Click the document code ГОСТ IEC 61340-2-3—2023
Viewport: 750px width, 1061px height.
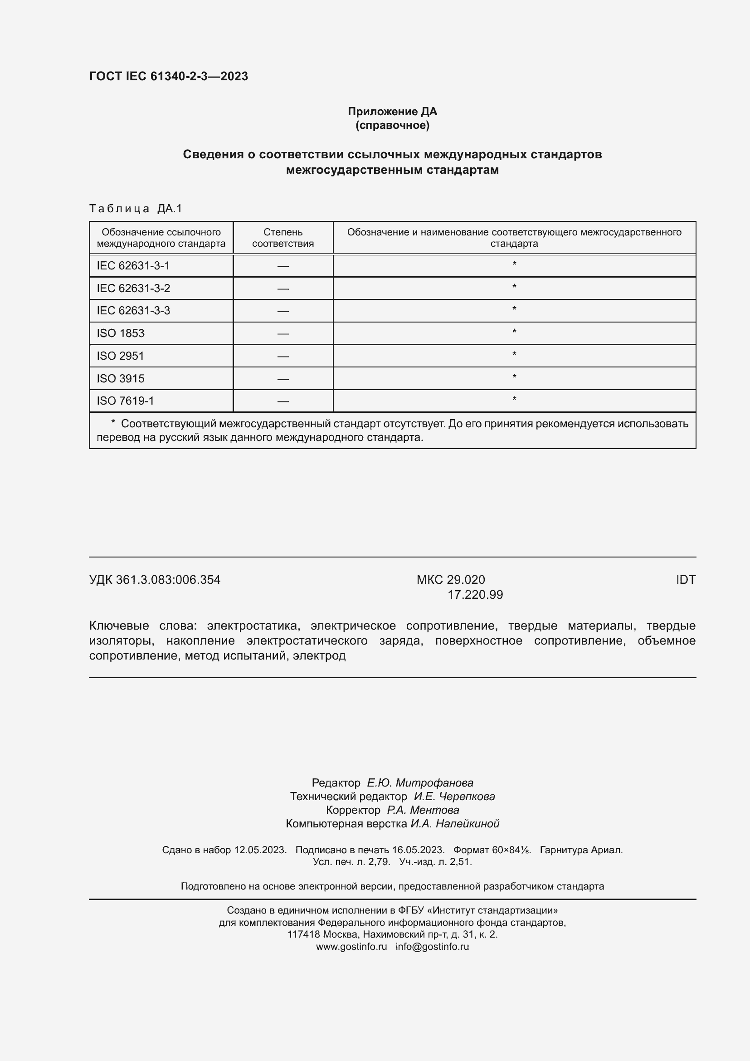[169, 76]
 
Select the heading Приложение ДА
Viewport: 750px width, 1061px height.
[392, 112]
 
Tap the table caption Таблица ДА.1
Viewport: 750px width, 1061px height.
[136, 209]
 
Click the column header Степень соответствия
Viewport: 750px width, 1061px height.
[282, 238]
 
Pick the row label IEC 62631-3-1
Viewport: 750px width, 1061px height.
[133, 266]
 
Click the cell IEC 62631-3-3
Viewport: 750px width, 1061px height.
[133, 311]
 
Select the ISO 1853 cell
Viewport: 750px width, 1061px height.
[120, 333]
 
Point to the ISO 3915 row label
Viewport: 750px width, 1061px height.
[120, 378]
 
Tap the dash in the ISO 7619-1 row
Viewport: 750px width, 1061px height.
[282, 401]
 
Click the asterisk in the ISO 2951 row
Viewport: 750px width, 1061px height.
[514, 354]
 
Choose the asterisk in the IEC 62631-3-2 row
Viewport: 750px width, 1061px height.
[514, 287]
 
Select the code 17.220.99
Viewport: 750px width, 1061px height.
[475, 595]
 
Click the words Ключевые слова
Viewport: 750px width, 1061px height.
[143, 626]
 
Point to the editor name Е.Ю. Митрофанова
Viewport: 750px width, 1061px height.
[420, 782]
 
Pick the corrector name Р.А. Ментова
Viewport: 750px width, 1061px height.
[423, 810]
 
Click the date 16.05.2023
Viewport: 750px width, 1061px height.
[418, 850]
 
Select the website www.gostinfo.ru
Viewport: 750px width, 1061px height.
[351, 946]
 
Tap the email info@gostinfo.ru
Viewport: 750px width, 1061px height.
[432, 946]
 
